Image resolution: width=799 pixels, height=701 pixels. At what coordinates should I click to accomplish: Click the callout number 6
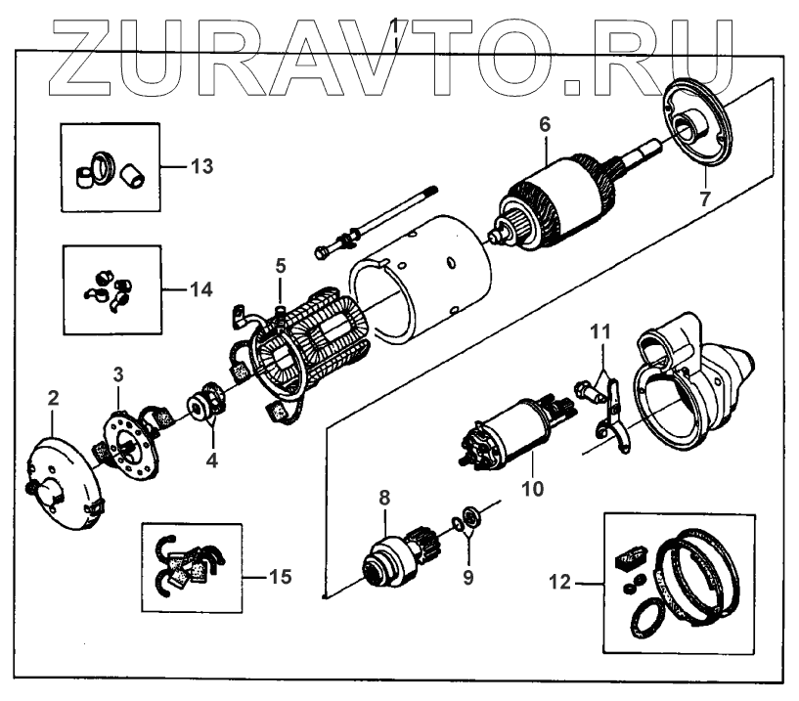tap(545, 124)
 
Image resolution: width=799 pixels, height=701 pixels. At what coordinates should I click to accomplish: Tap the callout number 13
tap(200, 165)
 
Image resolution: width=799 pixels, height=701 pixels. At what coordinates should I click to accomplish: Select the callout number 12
tap(560, 584)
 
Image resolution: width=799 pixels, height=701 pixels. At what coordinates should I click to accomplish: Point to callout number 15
tap(279, 576)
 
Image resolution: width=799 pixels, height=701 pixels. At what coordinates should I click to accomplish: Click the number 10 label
tap(532, 484)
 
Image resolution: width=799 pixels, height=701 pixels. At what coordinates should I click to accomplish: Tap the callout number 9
tap(468, 577)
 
